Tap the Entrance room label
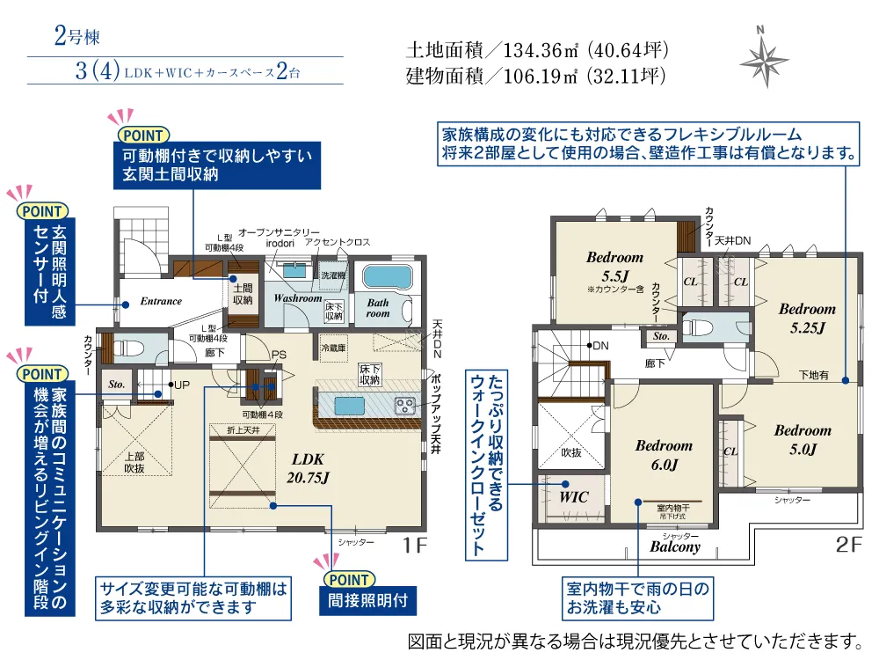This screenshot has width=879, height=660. click(161, 301)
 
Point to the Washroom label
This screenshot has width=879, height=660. click(297, 298)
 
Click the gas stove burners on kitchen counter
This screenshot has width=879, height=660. click(405, 405)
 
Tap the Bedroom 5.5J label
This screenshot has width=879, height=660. click(614, 266)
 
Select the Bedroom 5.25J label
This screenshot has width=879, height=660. click(807, 318)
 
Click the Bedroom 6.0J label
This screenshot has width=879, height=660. click(664, 454)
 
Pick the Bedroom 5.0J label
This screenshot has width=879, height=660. click(802, 439)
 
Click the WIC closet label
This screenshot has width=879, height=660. click(574, 497)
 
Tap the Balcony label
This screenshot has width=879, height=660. click(675, 546)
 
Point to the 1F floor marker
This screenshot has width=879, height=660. click(416, 546)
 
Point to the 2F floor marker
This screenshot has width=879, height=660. click(849, 545)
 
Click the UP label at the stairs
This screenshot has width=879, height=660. click(181, 385)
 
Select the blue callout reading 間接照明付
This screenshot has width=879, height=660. click(361, 603)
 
